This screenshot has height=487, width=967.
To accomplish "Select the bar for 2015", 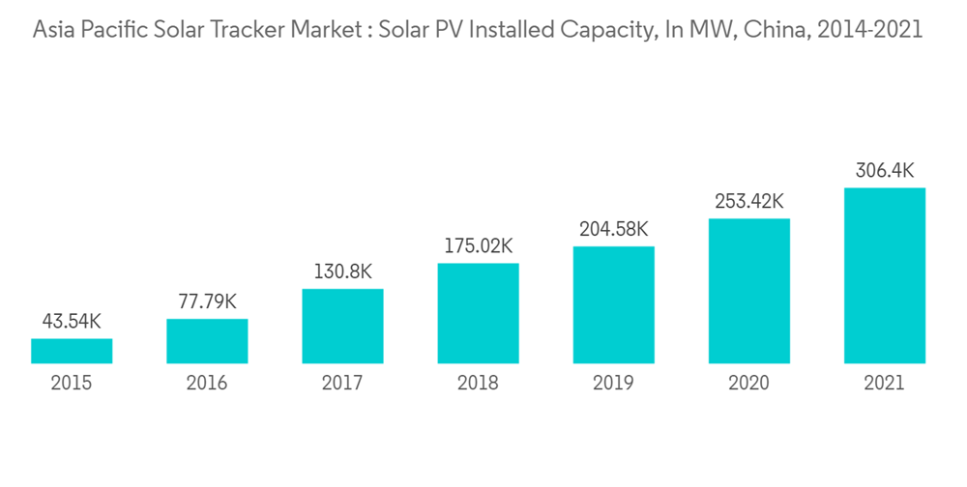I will (72, 351).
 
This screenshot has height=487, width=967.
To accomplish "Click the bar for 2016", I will (207, 341).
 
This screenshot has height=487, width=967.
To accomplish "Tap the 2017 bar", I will (342, 326).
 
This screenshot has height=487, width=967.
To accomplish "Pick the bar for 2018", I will (478, 313).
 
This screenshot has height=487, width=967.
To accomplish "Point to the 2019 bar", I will (613, 304).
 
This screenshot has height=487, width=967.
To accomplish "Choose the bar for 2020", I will (748, 291).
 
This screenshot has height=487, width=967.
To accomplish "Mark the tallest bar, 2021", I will (884, 275).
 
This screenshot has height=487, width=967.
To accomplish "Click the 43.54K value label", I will (72, 322).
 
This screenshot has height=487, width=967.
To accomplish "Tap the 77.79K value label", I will (207, 301).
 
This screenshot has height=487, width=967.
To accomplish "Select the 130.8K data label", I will (342, 272).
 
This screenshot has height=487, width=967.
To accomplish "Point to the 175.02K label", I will (478, 245).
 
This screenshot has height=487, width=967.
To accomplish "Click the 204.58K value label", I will (613, 229).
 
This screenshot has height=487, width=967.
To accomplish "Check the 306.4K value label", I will (884, 170).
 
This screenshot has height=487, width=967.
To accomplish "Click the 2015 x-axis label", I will (72, 384).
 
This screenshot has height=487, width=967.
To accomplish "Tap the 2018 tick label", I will (478, 384).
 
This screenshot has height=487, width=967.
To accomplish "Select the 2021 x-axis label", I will (884, 384).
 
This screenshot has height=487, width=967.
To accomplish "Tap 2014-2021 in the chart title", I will (870, 30).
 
